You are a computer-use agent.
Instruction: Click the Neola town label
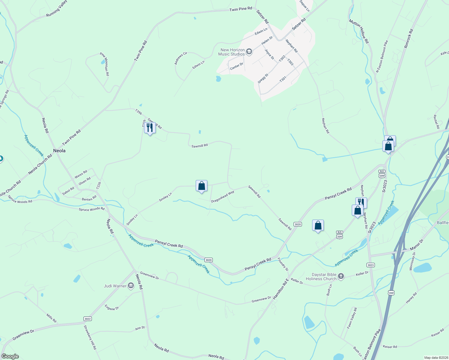click(59, 151)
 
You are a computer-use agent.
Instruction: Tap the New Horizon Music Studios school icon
click(249, 52)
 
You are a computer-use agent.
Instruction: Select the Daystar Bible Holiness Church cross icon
click(341, 276)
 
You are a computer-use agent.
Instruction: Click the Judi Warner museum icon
click(131, 286)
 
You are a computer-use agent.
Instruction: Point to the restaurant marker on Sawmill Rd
click(150, 128)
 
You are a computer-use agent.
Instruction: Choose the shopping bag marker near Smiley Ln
click(202, 186)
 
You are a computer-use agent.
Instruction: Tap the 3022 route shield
click(87, 319)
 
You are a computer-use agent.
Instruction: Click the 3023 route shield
click(370, 265)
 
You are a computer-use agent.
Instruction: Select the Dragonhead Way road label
click(223, 196)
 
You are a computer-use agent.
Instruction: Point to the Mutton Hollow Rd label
click(359, 31)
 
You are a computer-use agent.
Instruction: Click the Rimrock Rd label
click(408, 39)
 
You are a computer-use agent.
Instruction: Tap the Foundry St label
click(283, 264)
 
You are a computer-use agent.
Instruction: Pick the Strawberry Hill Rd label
click(90, 337)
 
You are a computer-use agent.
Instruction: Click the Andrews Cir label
click(181, 58)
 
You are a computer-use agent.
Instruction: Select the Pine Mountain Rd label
click(105, 64)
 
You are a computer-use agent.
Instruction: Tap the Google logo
click(10, 356)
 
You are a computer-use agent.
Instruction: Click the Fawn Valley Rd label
click(352, 318)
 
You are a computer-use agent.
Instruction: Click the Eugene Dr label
click(112, 307)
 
